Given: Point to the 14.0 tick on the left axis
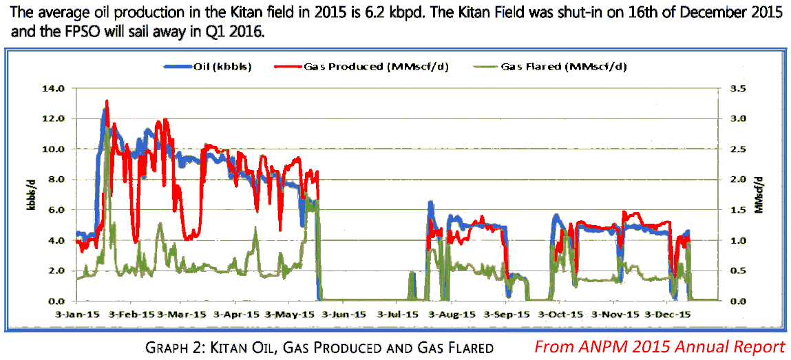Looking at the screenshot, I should [x=54, y=88].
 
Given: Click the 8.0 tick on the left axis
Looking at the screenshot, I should [x=56, y=179].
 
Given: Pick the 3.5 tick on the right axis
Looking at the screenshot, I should [x=737, y=88].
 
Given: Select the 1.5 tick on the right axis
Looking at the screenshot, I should [x=737, y=209].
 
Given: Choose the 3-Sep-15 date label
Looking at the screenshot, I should [x=507, y=314].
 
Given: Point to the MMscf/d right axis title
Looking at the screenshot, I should [x=759, y=194].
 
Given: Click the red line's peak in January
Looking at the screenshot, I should [x=107, y=102].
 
